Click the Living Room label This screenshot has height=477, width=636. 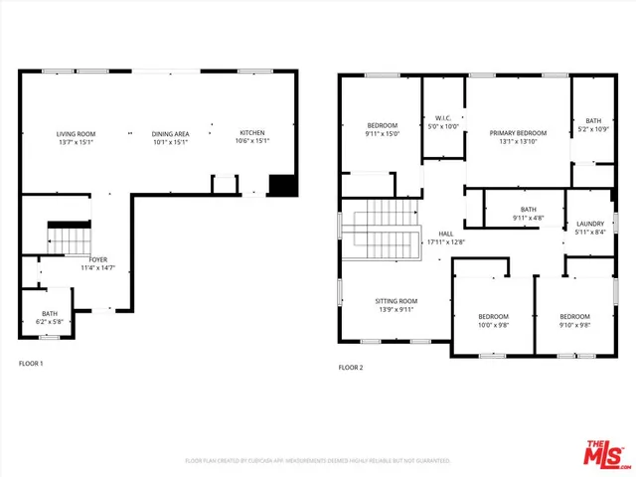(75, 133)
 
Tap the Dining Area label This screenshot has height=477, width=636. (169, 133)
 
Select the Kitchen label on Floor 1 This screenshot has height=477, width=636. (251, 133)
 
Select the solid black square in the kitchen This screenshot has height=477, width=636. (282, 185)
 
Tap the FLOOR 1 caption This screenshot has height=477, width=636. (31, 364)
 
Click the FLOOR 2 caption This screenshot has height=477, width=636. (351, 368)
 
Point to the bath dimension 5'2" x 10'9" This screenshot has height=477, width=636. (593, 129)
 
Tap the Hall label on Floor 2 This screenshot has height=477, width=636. (445, 235)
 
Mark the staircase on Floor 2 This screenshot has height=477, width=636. (383, 230)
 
